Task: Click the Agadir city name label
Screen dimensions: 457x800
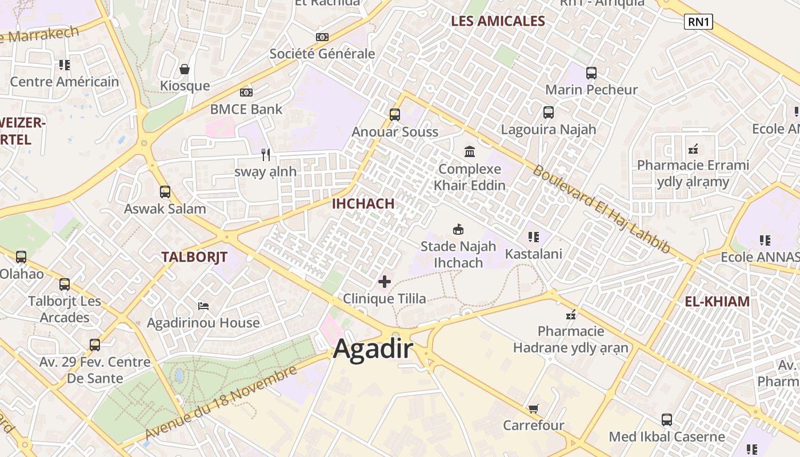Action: (373, 348)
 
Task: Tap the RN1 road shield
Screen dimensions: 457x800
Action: (698, 22)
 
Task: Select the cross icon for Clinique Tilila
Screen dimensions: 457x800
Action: (385, 281)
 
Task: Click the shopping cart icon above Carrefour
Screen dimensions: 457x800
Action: (533, 408)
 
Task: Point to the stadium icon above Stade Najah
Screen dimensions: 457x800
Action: (458, 230)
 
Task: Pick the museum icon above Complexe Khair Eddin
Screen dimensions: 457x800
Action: (470, 151)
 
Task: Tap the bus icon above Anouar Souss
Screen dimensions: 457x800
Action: (395, 114)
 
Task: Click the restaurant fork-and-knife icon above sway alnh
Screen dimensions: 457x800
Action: (266, 154)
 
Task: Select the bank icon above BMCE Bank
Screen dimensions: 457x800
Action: (246, 92)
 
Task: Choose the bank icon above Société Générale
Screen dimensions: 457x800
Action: (322, 37)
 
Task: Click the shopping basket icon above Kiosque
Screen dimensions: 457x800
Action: (185, 70)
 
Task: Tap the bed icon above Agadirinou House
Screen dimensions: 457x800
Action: (203, 306)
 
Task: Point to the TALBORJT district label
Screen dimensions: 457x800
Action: (194, 257)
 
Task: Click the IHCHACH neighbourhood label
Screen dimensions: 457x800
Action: (363, 203)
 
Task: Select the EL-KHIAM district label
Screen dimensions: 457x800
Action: (717, 302)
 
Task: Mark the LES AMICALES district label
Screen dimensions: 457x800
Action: (498, 21)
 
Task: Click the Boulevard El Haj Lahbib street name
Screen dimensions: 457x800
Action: (601, 209)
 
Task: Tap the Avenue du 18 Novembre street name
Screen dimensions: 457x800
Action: (221, 403)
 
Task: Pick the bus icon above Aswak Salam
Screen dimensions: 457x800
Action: (165, 192)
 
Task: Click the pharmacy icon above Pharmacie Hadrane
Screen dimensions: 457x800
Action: (570, 314)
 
